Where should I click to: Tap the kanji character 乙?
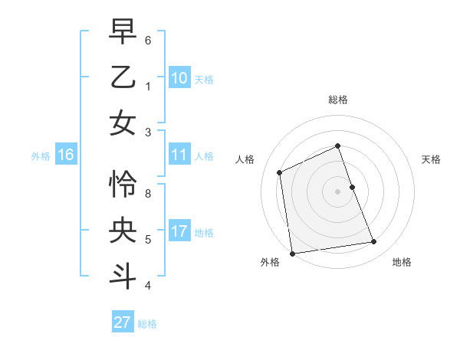click(123, 77)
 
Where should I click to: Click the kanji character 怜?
click(123, 184)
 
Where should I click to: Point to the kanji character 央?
click(123, 230)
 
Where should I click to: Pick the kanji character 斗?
click(123, 275)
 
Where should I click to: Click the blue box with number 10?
click(179, 78)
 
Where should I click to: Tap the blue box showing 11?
click(179, 155)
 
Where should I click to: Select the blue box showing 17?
click(179, 231)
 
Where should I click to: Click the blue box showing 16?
click(66, 155)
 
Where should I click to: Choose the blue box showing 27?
click(123, 322)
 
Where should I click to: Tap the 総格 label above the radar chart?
click(337, 100)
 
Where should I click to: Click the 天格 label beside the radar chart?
click(431, 159)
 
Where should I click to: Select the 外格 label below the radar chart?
click(270, 263)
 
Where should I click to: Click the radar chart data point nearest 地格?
click(374, 242)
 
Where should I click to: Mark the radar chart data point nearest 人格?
click(280, 172)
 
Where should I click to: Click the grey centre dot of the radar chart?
click(337, 191)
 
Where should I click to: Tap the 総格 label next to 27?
click(147, 324)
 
